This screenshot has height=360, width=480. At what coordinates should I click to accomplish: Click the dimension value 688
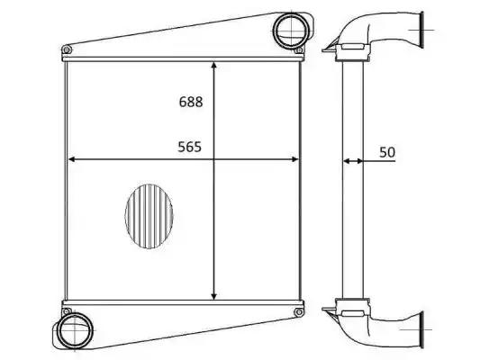[x=191, y=102]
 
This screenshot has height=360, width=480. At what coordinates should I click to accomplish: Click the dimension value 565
[x=190, y=147]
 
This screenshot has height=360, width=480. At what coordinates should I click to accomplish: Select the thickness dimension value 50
[x=387, y=152]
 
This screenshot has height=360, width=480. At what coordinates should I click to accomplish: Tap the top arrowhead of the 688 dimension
[x=214, y=65]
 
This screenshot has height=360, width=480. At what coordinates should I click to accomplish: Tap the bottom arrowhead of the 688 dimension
[x=214, y=296]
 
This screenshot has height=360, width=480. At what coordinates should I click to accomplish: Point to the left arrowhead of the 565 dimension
[x=71, y=159]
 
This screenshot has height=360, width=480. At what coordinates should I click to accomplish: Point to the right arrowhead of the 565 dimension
[x=294, y=159]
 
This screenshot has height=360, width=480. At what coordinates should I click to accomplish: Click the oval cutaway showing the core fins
[x=149, y=216]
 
